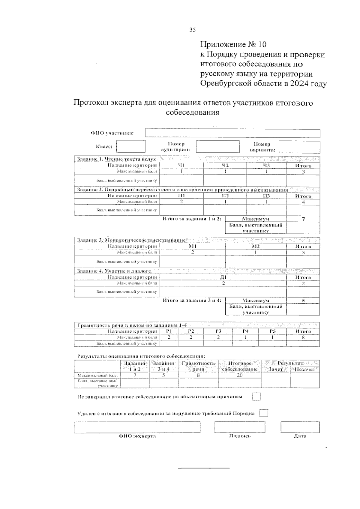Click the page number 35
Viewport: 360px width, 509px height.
192,29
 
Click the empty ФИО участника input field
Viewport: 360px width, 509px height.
232,133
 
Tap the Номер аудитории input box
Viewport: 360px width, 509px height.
217,147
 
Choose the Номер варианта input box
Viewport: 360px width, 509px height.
299,147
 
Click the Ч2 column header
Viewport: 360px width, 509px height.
225,166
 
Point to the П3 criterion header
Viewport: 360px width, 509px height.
266,196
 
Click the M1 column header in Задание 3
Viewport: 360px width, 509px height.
192,247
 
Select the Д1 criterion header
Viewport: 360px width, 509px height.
223,277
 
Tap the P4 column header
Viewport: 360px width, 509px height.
246,331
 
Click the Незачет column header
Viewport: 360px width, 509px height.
304,370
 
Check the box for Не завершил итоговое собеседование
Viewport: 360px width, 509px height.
256,397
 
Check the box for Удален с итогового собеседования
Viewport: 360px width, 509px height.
263,413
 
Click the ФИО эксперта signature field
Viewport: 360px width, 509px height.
137,427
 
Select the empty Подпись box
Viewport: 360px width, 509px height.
240,427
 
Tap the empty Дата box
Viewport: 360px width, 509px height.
300,427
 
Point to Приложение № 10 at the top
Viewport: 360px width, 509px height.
233,45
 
